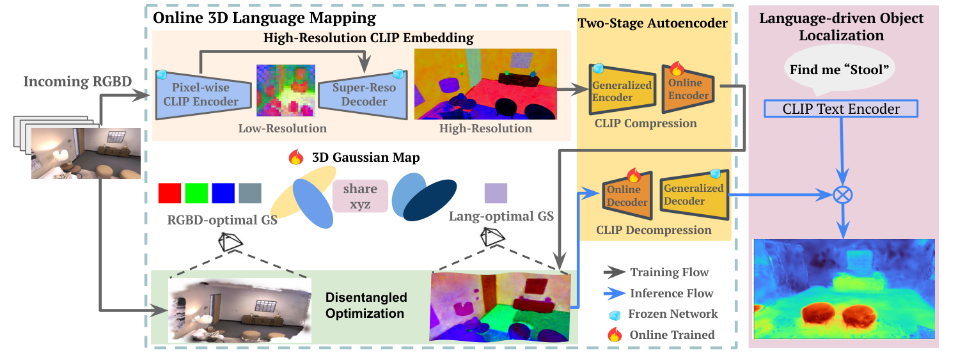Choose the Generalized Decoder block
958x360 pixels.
(693, 194)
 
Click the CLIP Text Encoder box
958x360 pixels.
(840, 109)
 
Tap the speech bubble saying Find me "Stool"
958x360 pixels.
(840, 70)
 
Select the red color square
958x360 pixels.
(169, 193)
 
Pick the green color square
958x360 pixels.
(196, 193)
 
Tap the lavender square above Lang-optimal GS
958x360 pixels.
(496, 193)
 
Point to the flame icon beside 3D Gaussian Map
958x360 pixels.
(295, 157)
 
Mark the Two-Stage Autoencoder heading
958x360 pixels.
(652, 24)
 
